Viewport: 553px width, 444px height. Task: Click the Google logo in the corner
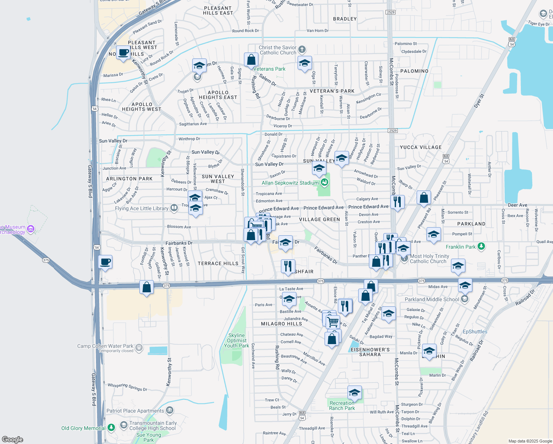point(13,440)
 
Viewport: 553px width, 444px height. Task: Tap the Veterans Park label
point(269,69)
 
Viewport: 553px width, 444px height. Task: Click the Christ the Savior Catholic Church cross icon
point(302,50)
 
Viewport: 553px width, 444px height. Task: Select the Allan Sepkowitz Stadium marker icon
point(325,182)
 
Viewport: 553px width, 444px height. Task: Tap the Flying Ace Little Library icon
point(174,208)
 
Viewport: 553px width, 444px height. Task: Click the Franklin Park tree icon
point(481,246)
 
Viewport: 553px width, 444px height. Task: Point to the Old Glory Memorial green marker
point(111,428)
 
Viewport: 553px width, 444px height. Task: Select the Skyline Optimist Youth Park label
point(237,340)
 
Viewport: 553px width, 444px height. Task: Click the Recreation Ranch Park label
point(342,406)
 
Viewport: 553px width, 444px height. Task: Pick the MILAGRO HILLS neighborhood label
point(281,324)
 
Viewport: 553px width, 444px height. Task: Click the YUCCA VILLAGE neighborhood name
point(421,147)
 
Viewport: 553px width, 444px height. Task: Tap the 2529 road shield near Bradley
point(390,12)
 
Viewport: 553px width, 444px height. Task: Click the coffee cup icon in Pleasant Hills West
point(123,53)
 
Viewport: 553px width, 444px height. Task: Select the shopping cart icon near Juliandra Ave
point(333,321)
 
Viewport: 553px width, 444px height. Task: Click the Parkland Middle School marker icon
point(465,299)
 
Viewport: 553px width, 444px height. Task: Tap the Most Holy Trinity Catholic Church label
point(429,259)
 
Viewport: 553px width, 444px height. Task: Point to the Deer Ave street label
point(518,205)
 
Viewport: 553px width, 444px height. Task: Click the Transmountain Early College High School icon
point(123,425)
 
